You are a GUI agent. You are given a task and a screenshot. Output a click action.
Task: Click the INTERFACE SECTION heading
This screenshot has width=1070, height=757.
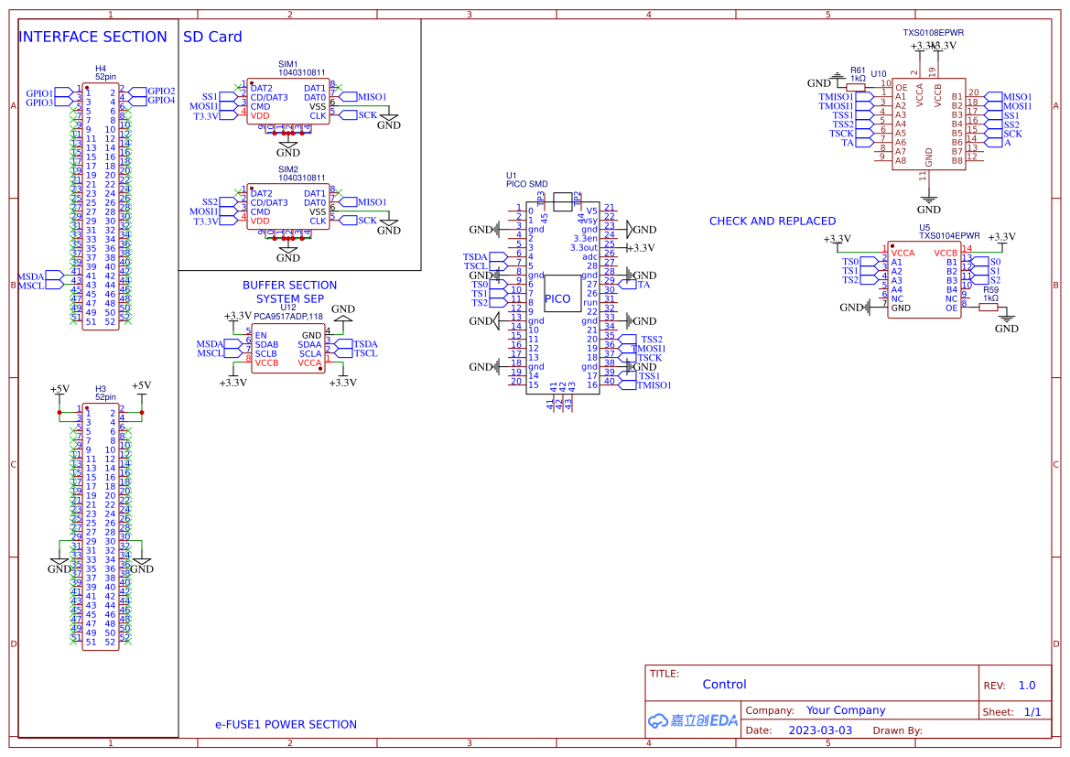click(92, 37)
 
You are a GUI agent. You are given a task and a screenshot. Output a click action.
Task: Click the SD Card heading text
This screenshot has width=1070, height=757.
click(212, 37)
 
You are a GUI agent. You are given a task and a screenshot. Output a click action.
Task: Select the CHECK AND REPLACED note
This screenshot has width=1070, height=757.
click(772, 221)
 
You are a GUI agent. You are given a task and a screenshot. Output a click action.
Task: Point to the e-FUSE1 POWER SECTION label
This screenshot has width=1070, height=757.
click(286, 724)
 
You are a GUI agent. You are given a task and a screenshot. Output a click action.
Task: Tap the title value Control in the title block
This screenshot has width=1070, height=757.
click(724, 684)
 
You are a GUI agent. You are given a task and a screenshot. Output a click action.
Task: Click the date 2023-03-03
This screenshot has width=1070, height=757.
click(819, 730)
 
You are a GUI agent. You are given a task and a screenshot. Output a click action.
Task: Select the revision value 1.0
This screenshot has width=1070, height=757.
click(1026, 685)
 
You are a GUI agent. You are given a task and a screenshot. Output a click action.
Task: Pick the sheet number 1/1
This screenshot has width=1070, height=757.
click(1032, 711)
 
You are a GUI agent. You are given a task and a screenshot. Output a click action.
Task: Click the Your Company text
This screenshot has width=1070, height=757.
click(845, 710)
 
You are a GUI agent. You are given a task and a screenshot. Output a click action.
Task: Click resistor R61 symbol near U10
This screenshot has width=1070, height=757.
click(856, 88)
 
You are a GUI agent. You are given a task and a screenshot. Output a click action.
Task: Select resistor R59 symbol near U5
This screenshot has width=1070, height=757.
click(988, 308)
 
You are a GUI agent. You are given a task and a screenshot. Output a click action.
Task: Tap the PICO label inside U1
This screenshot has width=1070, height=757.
click(557, 299)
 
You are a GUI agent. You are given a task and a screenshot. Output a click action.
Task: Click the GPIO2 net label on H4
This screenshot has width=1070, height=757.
click(161, 91)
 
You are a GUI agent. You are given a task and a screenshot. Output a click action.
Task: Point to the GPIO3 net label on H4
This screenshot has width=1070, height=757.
click(39, 103)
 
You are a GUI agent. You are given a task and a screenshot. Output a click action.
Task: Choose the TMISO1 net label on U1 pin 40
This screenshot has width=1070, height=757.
click(654, 385)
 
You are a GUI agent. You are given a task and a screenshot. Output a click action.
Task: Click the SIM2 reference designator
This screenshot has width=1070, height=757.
click(288, 169)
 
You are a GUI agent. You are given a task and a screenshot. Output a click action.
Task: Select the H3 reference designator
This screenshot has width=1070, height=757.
click(101, 389)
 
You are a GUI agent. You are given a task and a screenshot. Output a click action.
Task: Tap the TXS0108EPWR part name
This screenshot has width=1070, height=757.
click(933, 32)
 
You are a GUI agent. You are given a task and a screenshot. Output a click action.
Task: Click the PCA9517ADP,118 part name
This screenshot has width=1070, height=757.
click(288, 317)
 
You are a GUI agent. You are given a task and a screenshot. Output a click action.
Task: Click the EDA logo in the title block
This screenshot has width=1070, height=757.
click(693, 720)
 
